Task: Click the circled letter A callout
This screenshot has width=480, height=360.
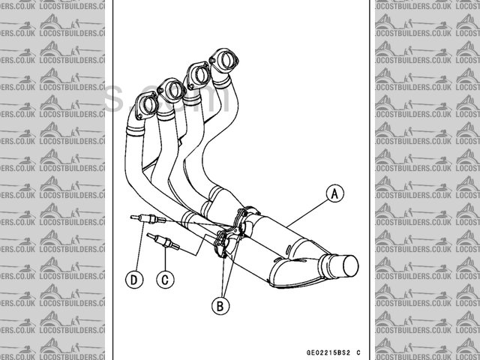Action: (334, 194)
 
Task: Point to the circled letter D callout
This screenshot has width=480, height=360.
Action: (134, 279)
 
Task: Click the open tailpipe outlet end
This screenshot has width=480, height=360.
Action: (346, 265)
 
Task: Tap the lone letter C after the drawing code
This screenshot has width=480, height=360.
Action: (358, 352)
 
